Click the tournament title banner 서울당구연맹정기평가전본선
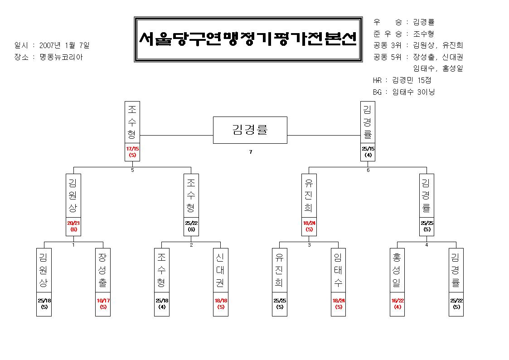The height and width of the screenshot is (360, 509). pyautogui.click(x=248, y=39)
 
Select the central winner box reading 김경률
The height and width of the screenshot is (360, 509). pyautogui.click(x=250, y=130)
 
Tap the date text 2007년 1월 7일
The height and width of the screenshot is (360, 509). pyautogui.click(x=64, y=45)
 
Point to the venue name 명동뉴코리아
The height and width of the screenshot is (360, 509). pyautogui.click(x=61, y=57)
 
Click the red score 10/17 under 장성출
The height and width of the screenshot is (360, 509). pyautogui.click(x=103, y=301)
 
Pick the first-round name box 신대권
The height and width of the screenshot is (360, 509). pyautogui.click(x=221, y=270)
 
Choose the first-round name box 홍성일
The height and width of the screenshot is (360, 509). pyautogui.click(x=398, y=270)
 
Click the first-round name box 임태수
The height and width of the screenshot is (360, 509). pyautogui.click(x=338, y=270)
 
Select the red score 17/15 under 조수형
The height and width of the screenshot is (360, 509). pyautogui.click(x=132, y=149)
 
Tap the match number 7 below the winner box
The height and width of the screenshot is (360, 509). pyautogui.click(x=251, y=152)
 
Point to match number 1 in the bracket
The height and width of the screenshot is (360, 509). pyautogui.click(x=74, y=245)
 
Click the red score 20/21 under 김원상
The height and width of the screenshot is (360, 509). pyautogui.click(x=73, y=223)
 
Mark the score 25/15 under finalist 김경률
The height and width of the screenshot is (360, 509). pyautogui.click(x=368, y=149)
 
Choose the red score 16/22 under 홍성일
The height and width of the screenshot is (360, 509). pyautogui.click(x=398, y=301)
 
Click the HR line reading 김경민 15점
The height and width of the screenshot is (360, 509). pyautogui.click(x=412, y=80)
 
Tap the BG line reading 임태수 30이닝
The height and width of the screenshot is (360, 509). pyautogui.click(x=413, y=92)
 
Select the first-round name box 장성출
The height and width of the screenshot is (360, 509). pyautogui.click(x=103, y=270)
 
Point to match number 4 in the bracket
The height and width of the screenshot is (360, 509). pyautogui.click(x=427, y=245)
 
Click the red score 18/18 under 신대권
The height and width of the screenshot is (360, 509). pyautogui.click(x=221, y=301)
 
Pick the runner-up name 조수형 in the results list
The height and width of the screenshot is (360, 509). pyautogui.click(x=423, y=34)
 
